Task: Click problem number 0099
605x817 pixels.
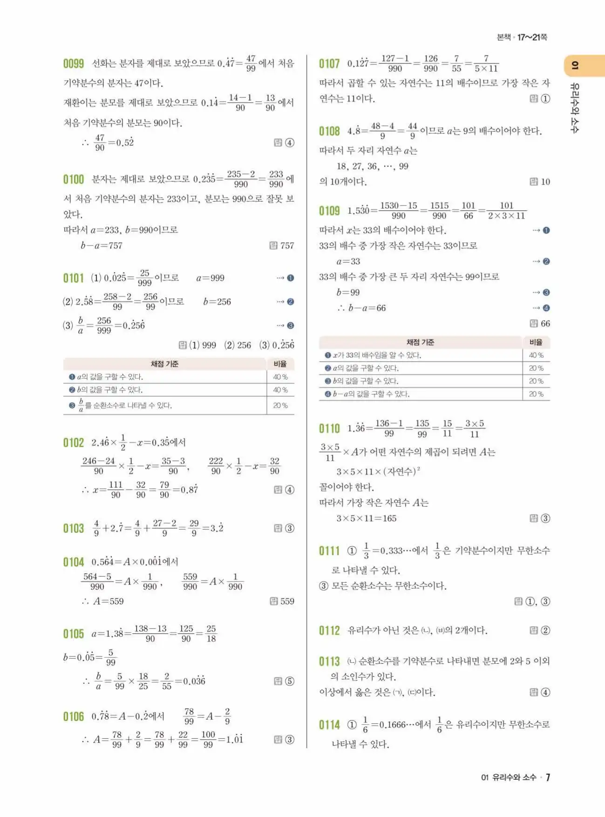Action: click(x=74, y=63)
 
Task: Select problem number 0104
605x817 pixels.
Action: click(x=74, y=562)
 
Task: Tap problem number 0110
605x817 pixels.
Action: click(x=329, y=429)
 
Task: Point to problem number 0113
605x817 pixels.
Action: click(x=329, y=661)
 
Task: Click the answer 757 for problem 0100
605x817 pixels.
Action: click(x=287, y=245)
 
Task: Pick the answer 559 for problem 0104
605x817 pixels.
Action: click(x=287, y=601)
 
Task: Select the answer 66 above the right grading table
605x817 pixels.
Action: click(x=545, y=323)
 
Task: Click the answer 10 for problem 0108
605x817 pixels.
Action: click(x=545, y=182)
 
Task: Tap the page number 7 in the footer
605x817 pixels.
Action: click(x=548, y=777)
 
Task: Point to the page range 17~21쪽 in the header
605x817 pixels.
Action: click(x=532, y=37)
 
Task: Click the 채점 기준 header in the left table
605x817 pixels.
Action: click(x=164, y=364)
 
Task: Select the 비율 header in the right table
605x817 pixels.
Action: click(x=536, y=342)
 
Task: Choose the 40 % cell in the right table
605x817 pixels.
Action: click(x=536, y=355)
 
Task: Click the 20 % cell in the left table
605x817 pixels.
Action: click(x=280, y=405)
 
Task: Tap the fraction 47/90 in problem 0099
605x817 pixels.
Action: click(x=100, y=143)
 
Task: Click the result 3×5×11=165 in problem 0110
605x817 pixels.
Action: click(x=367, y=518)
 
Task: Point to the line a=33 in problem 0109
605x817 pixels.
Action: click(x=348, y=261)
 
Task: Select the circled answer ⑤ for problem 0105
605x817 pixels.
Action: click(x=289, y=681)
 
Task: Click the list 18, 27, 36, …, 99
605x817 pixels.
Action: click(x=372, y=166)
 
